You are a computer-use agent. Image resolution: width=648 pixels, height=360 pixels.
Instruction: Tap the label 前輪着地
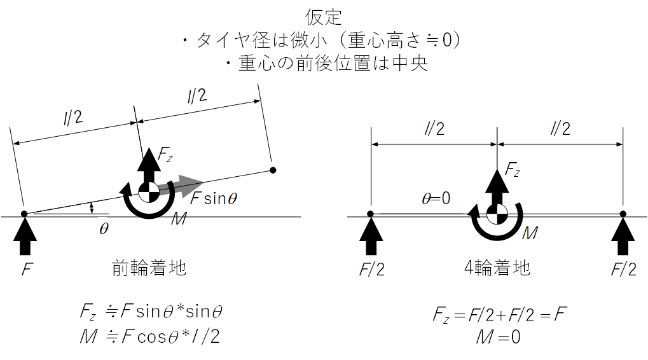click(149, 268)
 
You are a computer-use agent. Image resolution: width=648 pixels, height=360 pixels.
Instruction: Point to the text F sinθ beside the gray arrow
click(214, 198)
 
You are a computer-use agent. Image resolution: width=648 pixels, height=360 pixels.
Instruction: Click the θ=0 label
click(436, 198)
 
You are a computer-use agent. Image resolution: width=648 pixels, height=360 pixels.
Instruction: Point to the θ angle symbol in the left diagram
click(104, 227)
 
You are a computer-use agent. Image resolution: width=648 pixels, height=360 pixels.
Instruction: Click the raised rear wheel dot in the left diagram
click(273, 170)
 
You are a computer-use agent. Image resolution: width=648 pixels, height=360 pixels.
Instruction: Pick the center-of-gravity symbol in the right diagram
click(497, 214)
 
